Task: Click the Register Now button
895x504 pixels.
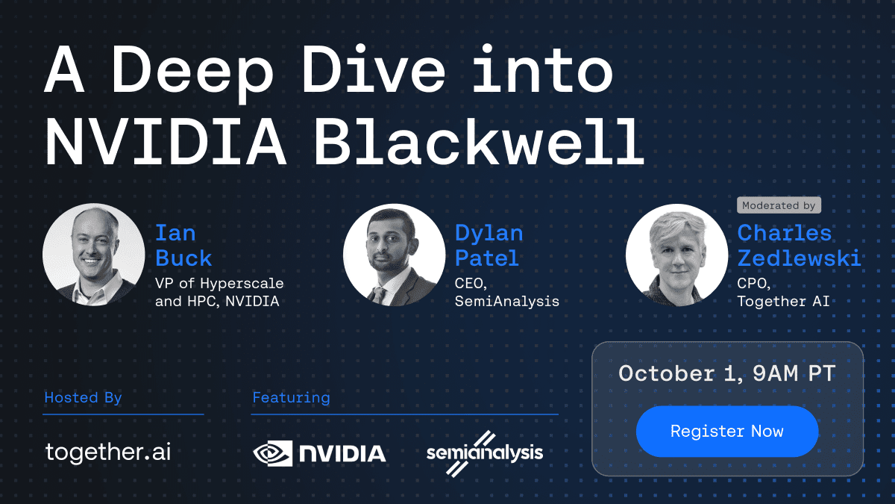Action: point(726,432)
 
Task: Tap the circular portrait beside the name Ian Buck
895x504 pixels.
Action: point(93,255)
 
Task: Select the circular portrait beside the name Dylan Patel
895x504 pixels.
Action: point(394,255)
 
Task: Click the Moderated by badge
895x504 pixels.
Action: point(778,205)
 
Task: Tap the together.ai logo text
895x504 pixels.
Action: point(108,452)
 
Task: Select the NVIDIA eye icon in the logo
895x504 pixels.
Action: point(273,452)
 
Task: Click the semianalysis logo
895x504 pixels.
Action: point(485,452)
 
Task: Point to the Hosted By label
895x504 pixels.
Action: point(83,397)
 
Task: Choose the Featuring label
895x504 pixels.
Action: point(291,397)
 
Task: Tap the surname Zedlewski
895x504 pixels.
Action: point(799,258)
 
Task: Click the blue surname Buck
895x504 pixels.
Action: point(183,258)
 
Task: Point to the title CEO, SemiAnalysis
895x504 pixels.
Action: point(506,293)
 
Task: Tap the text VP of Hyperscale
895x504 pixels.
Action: point(219,284)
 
